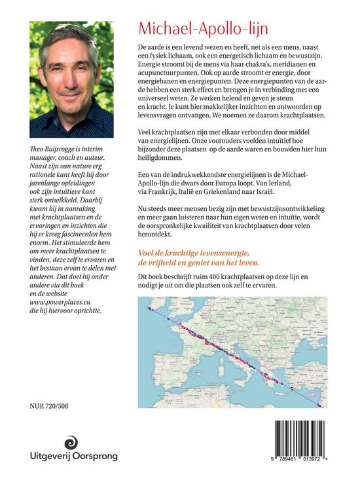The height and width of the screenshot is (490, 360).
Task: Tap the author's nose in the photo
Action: coord(67,74)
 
